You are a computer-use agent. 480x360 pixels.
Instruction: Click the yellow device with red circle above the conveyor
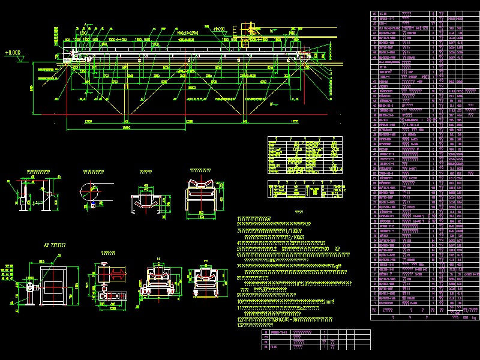247,27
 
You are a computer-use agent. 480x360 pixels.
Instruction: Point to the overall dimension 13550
125,128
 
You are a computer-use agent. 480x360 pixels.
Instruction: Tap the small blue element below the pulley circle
94,206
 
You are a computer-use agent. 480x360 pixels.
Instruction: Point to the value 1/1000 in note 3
293,229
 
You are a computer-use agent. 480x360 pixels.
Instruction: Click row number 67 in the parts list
374,13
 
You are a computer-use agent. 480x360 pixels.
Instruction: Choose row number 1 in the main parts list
374,304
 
